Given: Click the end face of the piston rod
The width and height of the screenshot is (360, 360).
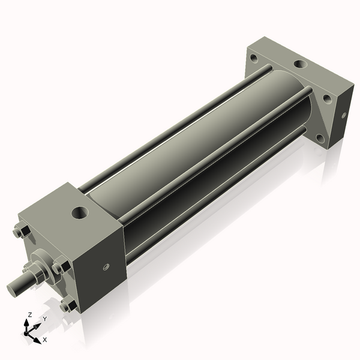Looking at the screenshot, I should (11, 289).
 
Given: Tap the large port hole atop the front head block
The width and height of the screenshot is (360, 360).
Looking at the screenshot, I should (79, 212).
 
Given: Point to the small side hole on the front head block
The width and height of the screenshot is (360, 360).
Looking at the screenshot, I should (106, 268).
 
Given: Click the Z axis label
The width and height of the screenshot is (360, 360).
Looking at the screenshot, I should (30, 314).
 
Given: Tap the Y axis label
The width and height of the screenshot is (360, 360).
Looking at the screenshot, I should (44, 319).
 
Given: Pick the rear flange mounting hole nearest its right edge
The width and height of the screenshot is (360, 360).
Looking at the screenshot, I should (327, 98).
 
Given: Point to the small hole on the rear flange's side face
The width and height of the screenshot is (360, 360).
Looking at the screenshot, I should (343, 115).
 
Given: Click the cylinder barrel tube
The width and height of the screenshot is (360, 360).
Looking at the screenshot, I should (198, 144).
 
